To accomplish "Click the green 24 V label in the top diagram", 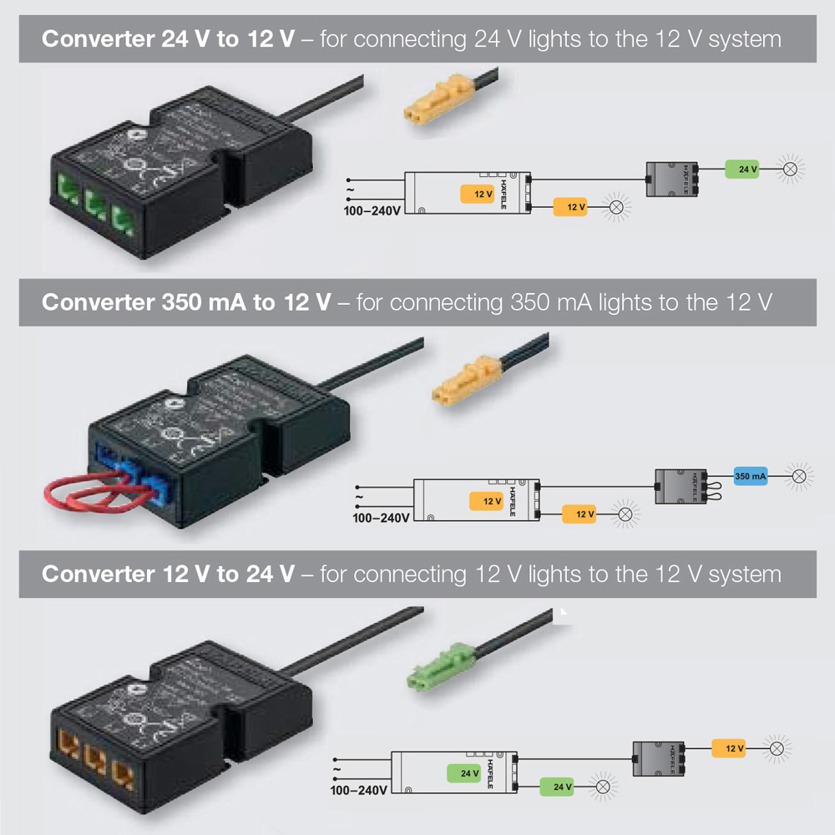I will tap(742, 170).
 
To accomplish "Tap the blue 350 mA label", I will tap(751, 476).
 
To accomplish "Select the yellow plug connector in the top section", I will tap(439, 100).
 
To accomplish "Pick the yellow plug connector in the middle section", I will tap(466, 381).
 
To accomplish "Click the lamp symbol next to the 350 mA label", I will tap(799, 476).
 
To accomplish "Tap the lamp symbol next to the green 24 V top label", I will tap(791, 170).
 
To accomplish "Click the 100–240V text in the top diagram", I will tap(372, 210).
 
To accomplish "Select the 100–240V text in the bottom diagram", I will tap(359, 790).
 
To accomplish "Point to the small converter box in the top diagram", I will tap(672, 175).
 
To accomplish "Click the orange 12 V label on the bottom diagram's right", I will tap(728, 748).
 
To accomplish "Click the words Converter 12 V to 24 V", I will tap(168, 574).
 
